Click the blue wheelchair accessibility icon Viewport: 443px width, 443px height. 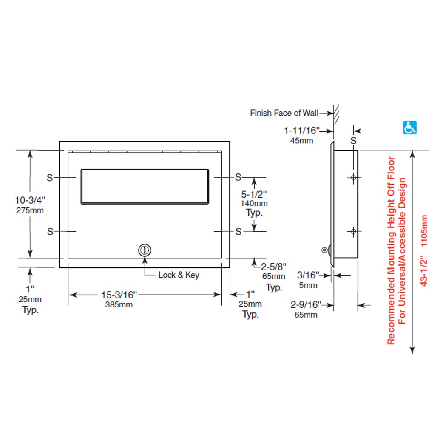tap(409, 128)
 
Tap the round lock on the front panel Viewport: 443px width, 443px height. tap(145, 250)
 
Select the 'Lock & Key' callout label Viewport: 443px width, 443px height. tap(179, 275)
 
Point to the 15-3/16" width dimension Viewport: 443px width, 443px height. tap(119, 295)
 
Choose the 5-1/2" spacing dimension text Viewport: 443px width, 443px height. tap(254, 194)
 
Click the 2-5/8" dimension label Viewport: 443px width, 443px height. tap(274, 267)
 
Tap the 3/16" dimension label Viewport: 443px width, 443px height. tap(308, 275)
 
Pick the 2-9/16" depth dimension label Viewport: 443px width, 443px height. tap(306, 304)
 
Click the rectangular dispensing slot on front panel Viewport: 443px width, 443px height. tap(145, 186)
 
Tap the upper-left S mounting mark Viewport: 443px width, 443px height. tap(50, 178)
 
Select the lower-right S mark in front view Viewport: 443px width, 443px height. tap(238, 232)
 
